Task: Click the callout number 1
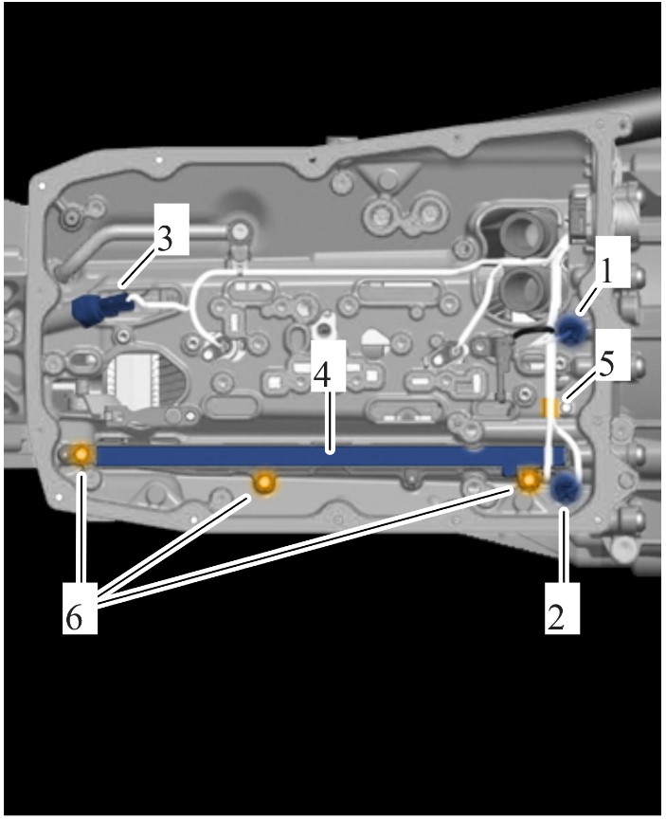coord(606,272)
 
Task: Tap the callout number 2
coord(556,616)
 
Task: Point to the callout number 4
coord(323,374)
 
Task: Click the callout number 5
coord(606,366)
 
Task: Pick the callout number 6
coord(74,618)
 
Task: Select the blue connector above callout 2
coord(567,489)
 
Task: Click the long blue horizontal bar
coord(330,457)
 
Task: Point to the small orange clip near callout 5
coord(549,408)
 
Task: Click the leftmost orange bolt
coord(81,454)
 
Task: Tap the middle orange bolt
coord(264,483)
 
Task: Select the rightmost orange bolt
coord(529,480)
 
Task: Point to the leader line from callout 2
coord(564,544)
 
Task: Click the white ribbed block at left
coord(134,380)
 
